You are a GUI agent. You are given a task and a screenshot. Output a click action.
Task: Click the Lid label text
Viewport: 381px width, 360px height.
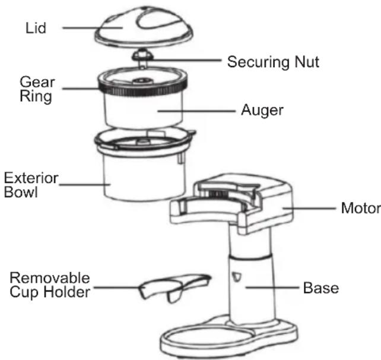click(36, 28)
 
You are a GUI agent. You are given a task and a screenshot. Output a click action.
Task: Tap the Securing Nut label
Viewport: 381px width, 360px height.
click(273, 62)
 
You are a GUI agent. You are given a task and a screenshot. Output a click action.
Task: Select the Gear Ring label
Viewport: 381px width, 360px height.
click(37, 89)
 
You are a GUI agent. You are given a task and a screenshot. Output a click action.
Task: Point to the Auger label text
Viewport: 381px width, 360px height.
click(262, 110)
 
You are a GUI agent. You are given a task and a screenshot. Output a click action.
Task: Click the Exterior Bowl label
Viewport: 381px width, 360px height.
click(31, 185)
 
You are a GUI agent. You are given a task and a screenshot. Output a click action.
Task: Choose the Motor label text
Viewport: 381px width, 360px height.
click(361, 208)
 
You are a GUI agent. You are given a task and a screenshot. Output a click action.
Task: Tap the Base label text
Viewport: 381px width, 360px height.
click(321, 288)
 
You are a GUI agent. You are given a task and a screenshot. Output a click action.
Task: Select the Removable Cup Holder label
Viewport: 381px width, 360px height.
click(50, 285)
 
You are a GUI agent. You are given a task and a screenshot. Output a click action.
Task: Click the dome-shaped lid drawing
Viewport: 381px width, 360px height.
click(144, 26)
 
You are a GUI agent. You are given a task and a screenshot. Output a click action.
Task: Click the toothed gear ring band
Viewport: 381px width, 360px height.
click(143, 89)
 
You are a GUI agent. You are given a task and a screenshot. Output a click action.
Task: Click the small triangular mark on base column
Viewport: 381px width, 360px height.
click(236, 277)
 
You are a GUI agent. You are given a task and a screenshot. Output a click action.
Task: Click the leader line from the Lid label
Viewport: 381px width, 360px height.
click(93, 28)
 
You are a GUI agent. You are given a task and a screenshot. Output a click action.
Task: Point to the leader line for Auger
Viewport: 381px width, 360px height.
click(196, 111)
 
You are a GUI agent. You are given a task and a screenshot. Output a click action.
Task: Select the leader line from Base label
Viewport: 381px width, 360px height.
click(272, 288)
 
